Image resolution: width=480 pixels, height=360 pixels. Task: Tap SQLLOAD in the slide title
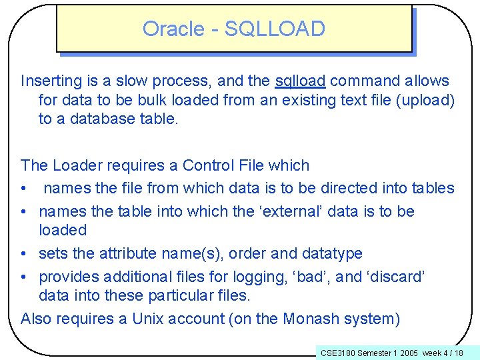(275, 29)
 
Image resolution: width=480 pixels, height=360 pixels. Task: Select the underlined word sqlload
(300, 81)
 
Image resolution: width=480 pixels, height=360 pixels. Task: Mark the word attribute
(128, 253)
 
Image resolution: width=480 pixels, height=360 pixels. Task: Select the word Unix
(148, 319)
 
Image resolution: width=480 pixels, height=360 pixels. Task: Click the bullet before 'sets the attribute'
(25, 254)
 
